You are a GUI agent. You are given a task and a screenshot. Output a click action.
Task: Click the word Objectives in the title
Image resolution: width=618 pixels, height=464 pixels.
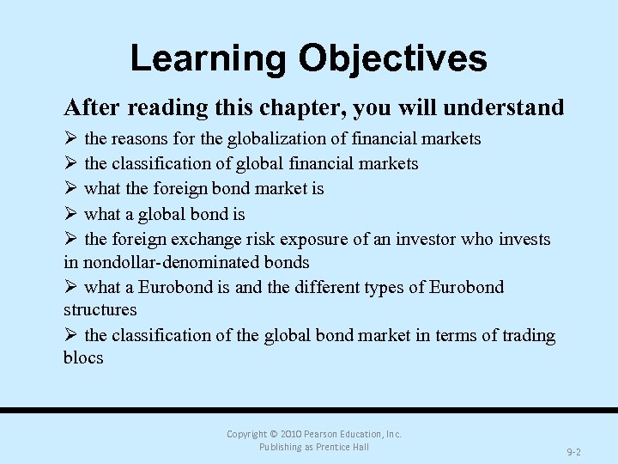(x=392, y=58)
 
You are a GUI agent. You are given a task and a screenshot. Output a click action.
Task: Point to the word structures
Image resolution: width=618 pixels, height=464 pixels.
(x=100, y=309)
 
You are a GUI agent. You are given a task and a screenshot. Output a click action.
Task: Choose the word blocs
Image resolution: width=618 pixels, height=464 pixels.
(x=83, y=357)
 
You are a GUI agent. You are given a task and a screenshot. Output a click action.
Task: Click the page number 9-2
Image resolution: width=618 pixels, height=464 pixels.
(x=574, y=452)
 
